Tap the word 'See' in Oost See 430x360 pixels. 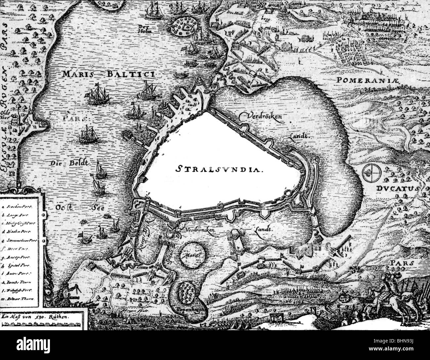point(96,208)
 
